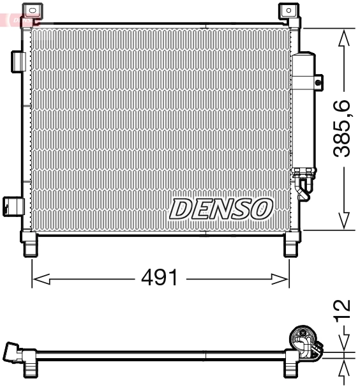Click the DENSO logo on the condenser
tap(221, 207)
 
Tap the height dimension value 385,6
tap(344, 128)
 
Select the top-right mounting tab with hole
tap(289, 11)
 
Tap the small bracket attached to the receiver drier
tap(318, 81)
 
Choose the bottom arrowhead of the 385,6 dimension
tap(344, 220)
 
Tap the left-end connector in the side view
tap(13, 352)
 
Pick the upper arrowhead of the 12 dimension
tap(344, 341)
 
